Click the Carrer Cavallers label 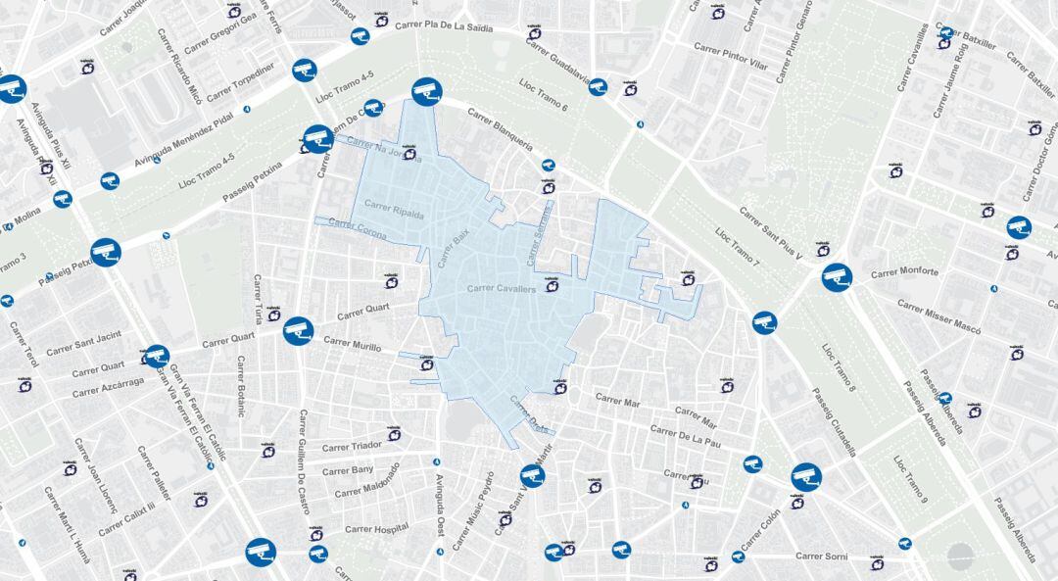(x=502, y=288)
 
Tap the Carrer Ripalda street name (x=394, y=208)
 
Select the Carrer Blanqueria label (x=500, y=128)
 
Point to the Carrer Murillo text (x=353, y=344)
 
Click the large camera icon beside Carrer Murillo (x=298, y=331)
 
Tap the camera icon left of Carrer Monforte (x=836, y=276)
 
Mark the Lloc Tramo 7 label (x=738, y=249)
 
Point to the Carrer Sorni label (x=822, y=557)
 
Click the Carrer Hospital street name (x=377, y=529)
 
